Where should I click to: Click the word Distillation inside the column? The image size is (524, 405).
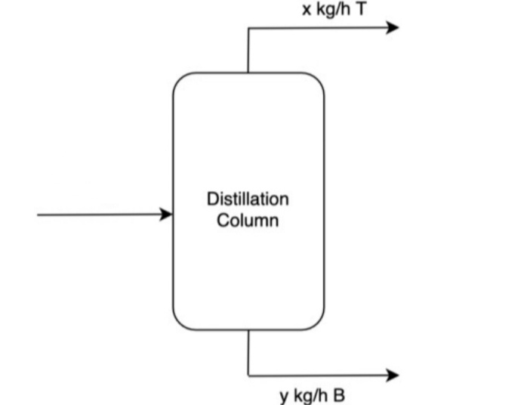click(x=248, y=199)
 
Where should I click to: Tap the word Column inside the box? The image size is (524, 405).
click(x=248, y=221)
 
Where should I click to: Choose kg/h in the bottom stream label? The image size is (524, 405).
click(x=310, y=395)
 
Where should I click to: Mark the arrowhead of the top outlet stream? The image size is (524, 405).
click(x=392, y=28)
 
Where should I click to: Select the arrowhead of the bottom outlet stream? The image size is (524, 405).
click(x=392, y=375)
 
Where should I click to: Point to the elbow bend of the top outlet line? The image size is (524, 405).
click(x=248, y=28)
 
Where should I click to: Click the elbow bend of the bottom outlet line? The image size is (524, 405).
click(x=248, y=375)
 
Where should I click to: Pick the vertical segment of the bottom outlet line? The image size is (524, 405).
click(x=248, y=352)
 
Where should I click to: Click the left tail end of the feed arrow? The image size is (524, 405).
click(x=39, y=215)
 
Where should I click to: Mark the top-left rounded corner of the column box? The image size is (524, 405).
click(x=180, y=79)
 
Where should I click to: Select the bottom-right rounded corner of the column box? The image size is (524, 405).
click(x=317, y=323)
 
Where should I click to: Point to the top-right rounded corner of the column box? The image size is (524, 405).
click(x=317, y=79)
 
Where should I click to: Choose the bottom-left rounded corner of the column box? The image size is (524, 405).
click(x=180, y=323)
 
